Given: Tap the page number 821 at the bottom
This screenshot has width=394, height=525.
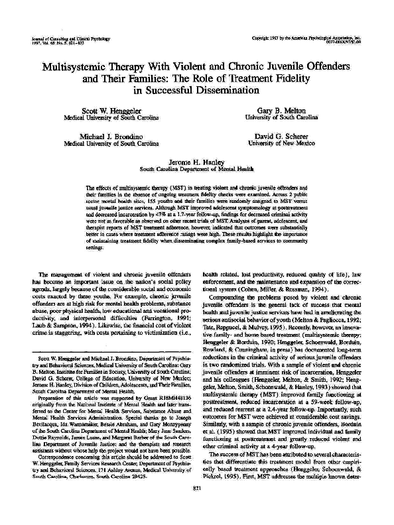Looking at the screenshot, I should [x=196, y=507].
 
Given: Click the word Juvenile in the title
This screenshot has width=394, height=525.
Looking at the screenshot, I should [x=289, y=68].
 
